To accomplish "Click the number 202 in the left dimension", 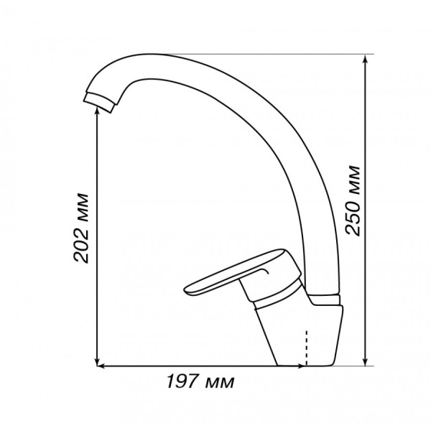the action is (81, 244).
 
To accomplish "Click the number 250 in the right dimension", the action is (353, 215).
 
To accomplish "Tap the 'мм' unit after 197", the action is (221, 383).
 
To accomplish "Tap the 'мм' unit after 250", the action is (353, 178).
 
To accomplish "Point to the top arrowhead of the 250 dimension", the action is (366, 58).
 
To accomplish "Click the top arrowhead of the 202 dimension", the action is (97, 111).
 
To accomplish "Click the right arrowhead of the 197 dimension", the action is (300, 366).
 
